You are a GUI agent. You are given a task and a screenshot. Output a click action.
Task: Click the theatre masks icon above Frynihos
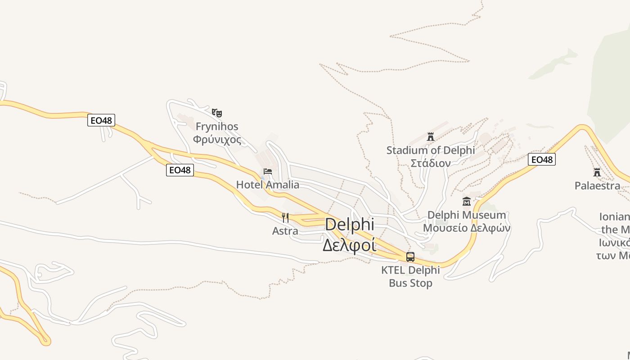tap(217, 112)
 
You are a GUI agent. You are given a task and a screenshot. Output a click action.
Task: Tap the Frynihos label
tap(217, 126)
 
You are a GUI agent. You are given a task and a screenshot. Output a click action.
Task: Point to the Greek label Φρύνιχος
tap(217, 139)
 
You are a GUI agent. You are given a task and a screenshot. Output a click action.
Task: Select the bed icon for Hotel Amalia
tap(268, 171)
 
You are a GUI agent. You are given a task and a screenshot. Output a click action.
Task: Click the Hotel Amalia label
tap(268, 184)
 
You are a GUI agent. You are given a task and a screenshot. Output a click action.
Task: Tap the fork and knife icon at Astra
tap(285, 218)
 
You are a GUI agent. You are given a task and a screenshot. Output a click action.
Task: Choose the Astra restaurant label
tap(285, 231)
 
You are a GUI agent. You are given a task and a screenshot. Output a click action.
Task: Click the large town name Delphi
tap(349, 225)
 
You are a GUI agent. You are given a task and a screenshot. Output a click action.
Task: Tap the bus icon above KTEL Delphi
tap(410, 257)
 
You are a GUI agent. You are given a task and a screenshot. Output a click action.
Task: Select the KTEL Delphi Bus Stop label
tap(410, 276)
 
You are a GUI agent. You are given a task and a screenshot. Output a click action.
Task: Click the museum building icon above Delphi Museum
tap(467, 201)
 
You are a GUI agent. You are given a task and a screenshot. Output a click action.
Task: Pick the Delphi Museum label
tap(467, 215)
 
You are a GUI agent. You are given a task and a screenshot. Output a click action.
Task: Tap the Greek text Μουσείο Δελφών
tap(467, 228)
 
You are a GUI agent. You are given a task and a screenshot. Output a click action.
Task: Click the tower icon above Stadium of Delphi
tap(431, 136)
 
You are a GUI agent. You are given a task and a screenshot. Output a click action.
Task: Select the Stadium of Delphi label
tap(431, 150)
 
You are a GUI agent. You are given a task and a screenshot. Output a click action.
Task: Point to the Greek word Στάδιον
tap(431, 163)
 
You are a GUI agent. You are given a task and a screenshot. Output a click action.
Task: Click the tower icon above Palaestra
tap(597, 172)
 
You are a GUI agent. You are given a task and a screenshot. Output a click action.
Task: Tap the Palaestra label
tap(597, 185)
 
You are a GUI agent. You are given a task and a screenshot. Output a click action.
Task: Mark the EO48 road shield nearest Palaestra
tap(542, 159)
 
